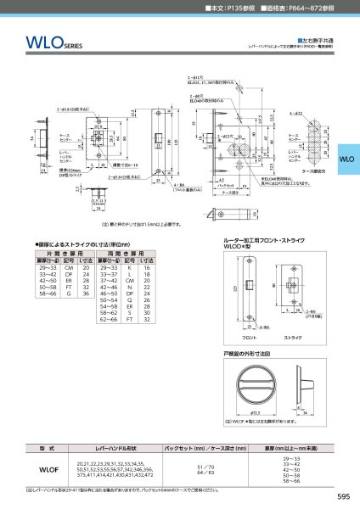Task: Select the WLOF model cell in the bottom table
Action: [49, 466]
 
